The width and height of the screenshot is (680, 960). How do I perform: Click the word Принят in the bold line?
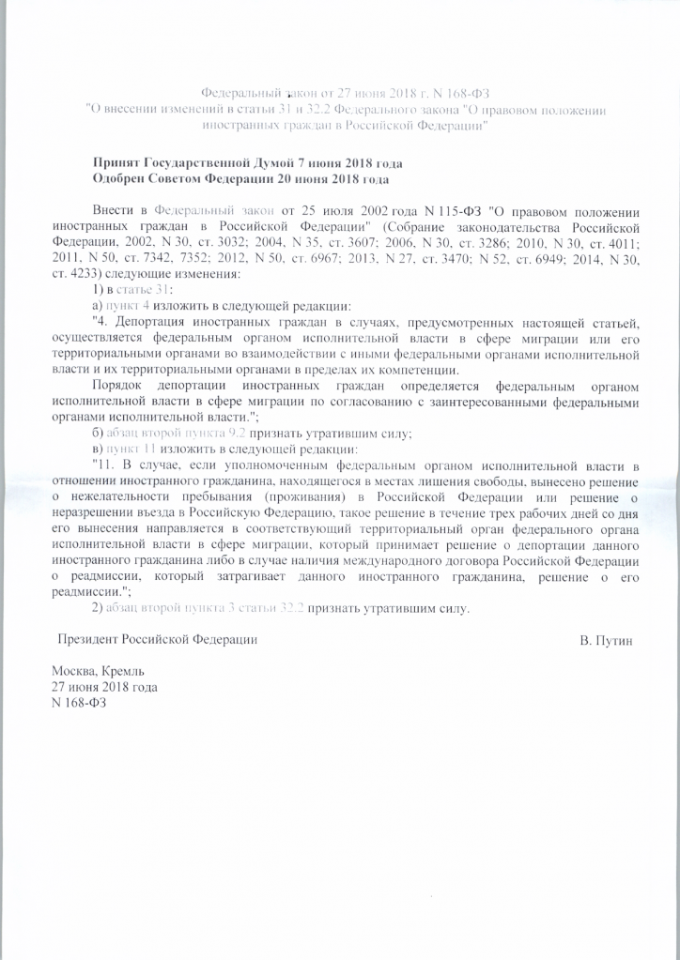pos(116,161)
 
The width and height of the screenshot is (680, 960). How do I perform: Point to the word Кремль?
pos(122,672)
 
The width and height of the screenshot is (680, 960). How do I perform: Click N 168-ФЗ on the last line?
pos(79,703)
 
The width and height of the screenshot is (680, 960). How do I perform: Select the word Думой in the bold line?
pos(292,161)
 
